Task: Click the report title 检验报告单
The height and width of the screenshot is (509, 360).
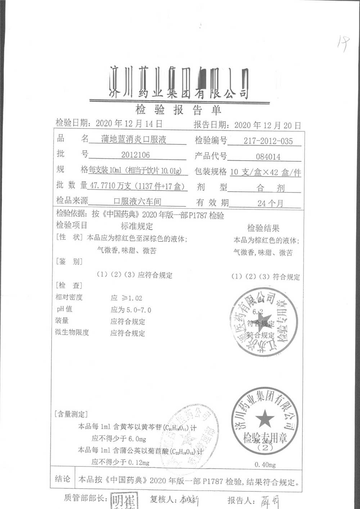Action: pos(178,110)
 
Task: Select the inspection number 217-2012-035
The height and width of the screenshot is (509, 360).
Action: pos(268,141)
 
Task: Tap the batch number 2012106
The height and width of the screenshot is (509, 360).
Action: pos(135,155)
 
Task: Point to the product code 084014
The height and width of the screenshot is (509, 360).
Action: pos(268,157)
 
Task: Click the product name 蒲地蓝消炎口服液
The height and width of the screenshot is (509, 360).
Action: pos(134,139)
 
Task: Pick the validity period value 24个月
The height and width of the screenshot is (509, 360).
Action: pos(270,203)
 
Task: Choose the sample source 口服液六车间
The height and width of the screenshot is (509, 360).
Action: pos(137,201)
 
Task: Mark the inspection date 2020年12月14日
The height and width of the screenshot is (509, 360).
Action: pos(129,124)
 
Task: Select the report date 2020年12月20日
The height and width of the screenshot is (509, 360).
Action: pos(267,125)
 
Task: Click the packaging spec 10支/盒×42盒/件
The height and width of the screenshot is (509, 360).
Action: pos(265,173)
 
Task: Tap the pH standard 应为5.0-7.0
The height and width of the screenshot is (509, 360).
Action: pos(131,310)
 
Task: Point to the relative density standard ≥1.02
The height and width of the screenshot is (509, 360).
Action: pos(126,298)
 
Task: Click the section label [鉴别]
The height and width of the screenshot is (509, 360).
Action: pos(69,262)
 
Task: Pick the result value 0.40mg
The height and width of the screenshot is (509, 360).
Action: pos(265,465)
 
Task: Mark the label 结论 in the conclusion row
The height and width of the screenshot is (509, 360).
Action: pos(63,479)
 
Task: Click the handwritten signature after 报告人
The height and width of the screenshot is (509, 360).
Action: pos(269,501)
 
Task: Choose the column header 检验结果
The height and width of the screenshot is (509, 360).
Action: pos(263,228)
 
